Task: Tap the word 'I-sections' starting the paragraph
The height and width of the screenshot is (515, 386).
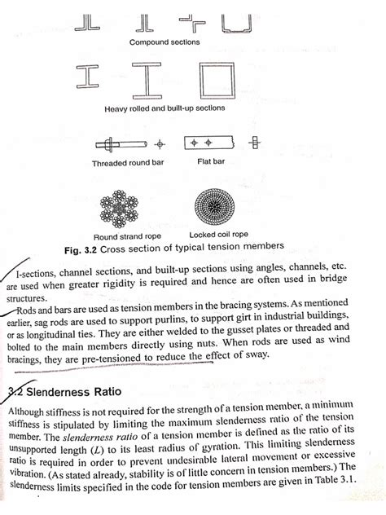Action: click(46, 277)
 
